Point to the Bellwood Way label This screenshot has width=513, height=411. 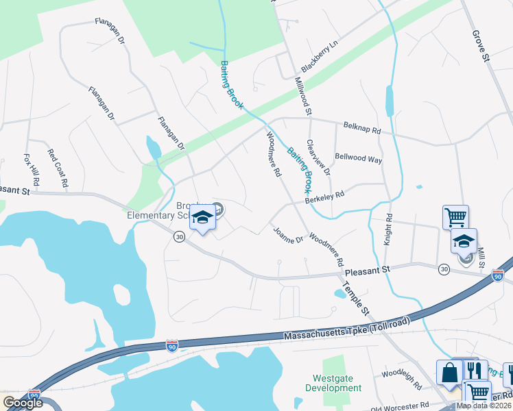[x=358, y=158]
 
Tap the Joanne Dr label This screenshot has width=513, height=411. [x=287, y=236]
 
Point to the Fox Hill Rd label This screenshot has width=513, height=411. [x=32, y=171]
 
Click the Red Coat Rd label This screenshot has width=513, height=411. [x=58, y=169]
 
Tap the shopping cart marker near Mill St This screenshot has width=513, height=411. [x=455, y=217]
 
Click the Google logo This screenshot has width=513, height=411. [x=23, y=403]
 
